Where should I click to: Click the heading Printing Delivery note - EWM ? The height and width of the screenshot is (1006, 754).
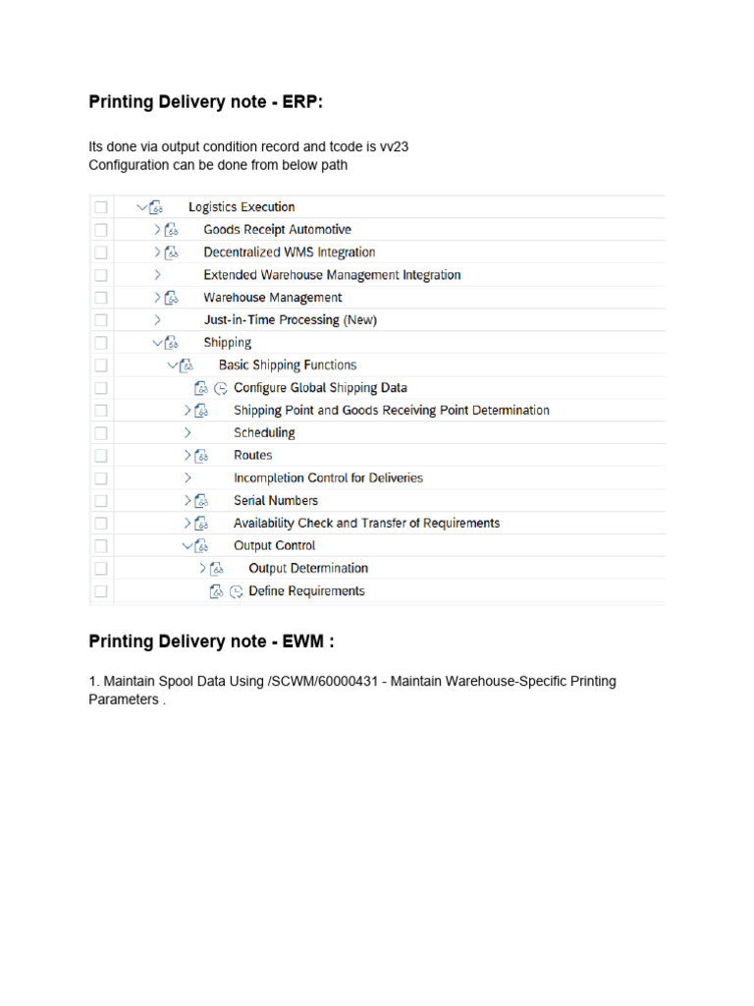pos(212,642)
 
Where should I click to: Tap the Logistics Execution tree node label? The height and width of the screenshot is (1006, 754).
pos(242,207)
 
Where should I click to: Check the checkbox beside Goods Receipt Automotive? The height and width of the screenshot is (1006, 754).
pos(100,230)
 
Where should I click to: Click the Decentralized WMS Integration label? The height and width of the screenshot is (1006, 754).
pos(289,252)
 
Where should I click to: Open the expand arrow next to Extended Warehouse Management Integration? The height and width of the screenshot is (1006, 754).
pos(157,275)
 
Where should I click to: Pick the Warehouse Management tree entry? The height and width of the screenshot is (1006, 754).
pos(272,298)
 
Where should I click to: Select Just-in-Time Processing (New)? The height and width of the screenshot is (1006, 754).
pos(290,320)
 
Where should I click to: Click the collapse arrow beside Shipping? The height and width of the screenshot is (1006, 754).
pos(157,343)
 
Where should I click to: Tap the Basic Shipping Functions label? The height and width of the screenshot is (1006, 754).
pos(288,365)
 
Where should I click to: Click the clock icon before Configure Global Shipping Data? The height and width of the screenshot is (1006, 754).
pos(221,388)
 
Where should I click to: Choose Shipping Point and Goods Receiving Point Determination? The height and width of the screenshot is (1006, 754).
pos(391,411)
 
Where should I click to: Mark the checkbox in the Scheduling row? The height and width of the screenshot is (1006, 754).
pos(100,433)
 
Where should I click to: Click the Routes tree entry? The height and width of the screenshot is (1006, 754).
pos(252,456)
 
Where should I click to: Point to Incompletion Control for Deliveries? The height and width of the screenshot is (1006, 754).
pos(328,478)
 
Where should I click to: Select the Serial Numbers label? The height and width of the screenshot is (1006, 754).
pos(275,501)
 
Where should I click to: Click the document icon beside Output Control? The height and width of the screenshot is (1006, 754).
pos(202,546)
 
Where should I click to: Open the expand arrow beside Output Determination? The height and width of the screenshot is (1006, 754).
pos(202,569)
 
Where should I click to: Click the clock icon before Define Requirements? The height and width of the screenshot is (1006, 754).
pos(236,591)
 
